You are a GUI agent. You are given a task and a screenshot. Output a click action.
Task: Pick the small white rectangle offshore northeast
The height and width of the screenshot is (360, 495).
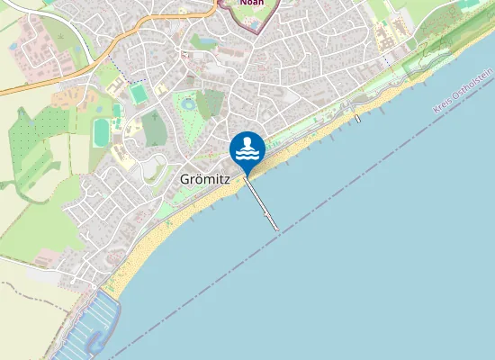357,118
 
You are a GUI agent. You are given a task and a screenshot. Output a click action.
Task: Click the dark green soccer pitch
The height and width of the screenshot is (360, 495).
138,94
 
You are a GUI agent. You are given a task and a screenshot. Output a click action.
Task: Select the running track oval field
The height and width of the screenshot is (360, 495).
101,131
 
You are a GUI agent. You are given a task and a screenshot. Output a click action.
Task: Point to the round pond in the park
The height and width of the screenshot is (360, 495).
187,103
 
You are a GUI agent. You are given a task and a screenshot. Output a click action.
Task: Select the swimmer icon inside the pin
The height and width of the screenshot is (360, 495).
247,146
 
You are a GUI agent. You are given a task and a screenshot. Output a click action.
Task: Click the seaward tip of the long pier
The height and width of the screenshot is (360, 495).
275,228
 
